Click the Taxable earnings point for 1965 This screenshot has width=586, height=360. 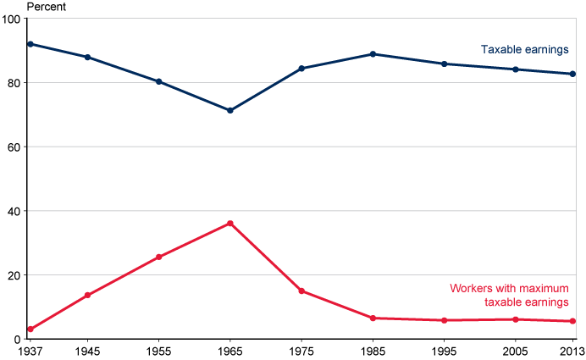[x=230, y=110]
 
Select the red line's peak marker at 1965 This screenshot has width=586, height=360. [x=230, y=224]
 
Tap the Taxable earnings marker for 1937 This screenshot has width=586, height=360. [x=30, y=44]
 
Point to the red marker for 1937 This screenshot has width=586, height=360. [x=30, y=329]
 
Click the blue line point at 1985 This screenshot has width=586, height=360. [x=373, y=54]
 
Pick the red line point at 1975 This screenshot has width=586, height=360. [x=301, y=291]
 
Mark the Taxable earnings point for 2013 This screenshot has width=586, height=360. [x=572, y=74]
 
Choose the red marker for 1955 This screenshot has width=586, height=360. [x=159, y=257]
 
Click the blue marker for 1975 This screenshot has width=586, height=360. [x=301, y=69]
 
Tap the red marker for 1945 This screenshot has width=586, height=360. [x=87, y=295]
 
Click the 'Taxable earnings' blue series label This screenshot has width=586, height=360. [x=524, y=50]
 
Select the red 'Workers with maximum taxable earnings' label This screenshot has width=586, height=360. [x=509, y=295]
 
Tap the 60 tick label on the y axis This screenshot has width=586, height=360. [x=14, y=147]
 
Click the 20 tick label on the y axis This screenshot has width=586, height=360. [x=14, y=275]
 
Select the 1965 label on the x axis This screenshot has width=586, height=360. [x=230, y=351]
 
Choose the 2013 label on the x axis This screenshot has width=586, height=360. [x=572, y=351]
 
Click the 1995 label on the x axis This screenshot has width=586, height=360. [x=444, y=351]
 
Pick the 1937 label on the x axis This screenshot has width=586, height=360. [x=30, y=351]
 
